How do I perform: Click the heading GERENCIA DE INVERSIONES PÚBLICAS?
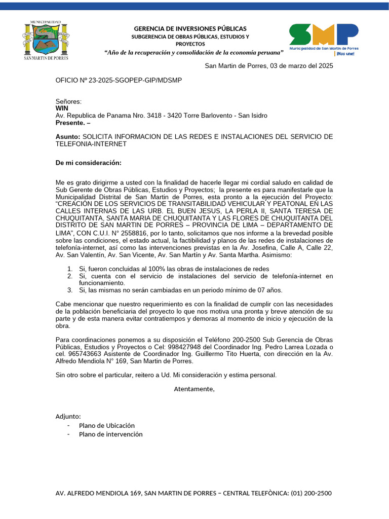(190, 28)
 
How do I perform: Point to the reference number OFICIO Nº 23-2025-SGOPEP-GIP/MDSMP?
(119, 80)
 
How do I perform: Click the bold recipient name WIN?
(62, 108)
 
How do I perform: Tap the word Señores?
(68, 101)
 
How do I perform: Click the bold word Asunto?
(67, 137)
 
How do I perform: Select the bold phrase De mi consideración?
(89, 163)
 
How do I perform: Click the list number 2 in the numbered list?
(70, 276)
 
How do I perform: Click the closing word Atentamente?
(194, 389)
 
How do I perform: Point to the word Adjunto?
(68, 417)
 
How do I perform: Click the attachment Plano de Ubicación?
(107, 426)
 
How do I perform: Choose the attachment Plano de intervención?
(111, 434)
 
